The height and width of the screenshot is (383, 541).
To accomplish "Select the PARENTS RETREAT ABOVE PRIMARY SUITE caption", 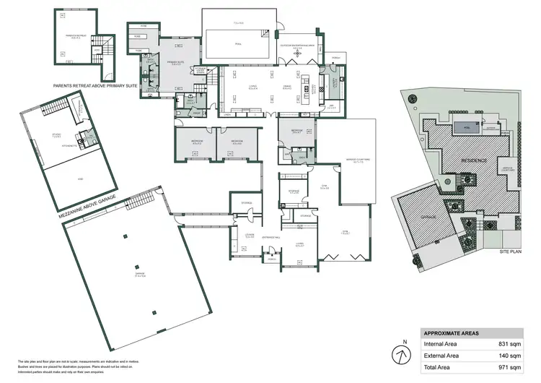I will pyautogui.click(x=94, y=85).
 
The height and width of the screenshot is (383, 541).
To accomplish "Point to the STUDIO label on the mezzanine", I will pyautogui.click(x=56, y=135).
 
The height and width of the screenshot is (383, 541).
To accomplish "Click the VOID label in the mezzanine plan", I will pyautogui.click(x=79, y=177).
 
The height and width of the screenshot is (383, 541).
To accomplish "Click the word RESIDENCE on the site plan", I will pyautogui.click(x=475, y=160).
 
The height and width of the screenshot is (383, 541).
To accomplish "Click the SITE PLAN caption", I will pyautogui.click(x=509, y=252).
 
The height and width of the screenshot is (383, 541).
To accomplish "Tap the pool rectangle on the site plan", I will pyautogui.click(x=467, y=129).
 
